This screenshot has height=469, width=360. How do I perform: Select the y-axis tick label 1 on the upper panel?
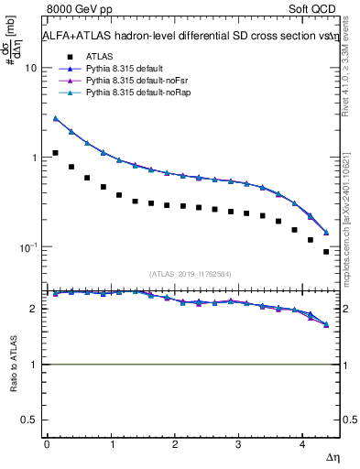(x=35, y=158)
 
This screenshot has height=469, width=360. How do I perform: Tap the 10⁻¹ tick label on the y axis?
(x=29, y=247)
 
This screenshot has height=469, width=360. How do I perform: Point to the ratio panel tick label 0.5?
(x=30, y=420)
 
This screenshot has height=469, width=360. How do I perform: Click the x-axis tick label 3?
(x=238, y=443)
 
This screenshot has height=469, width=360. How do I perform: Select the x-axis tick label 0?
(x=47, y=443)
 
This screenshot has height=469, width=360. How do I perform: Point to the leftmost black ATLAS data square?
(x=56, y=153)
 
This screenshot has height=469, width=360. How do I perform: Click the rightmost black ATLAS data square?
(x=326, y=252)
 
